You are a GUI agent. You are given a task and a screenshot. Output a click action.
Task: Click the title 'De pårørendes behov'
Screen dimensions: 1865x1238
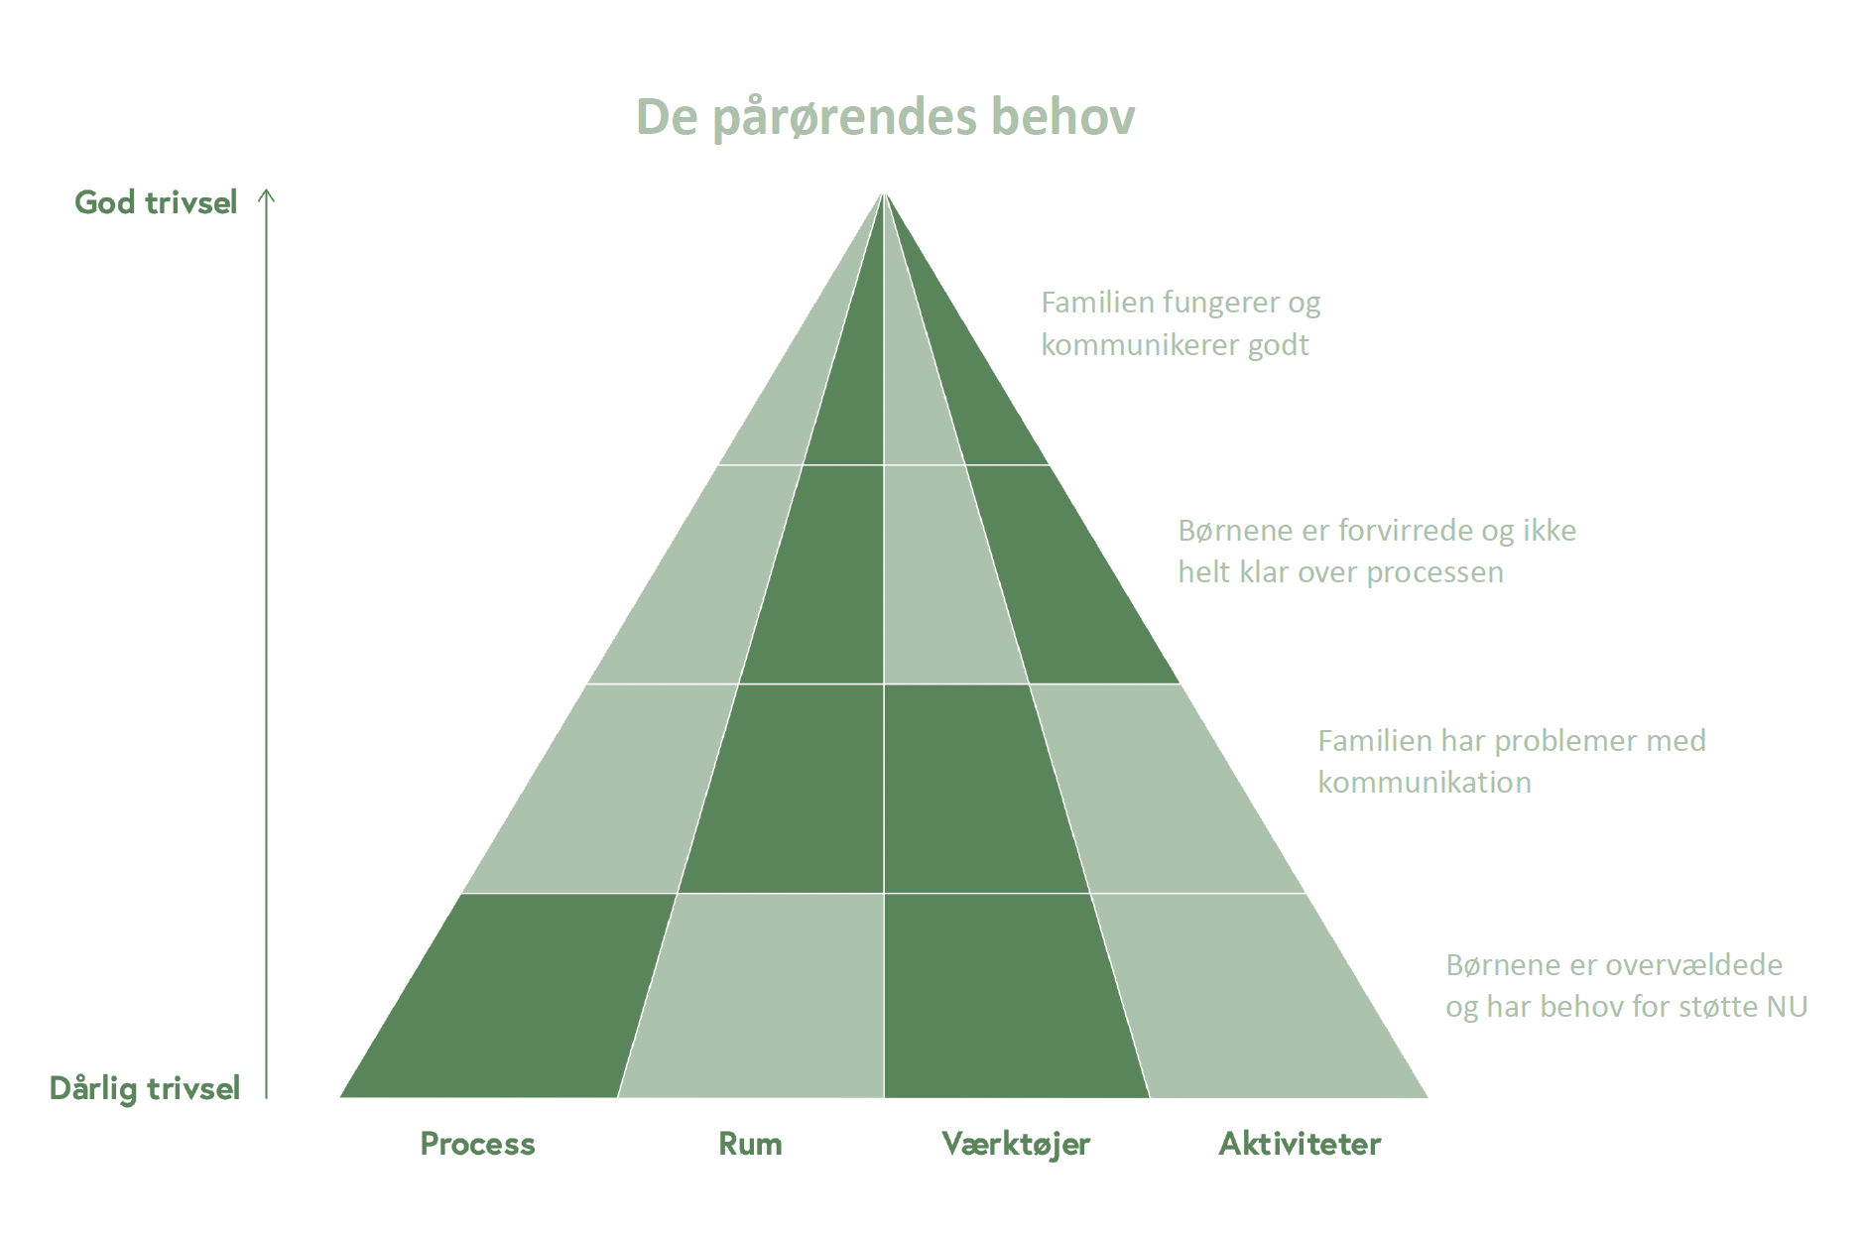[885, 117]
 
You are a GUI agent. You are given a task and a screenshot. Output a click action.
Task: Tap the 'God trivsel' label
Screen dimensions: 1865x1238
[156, 202]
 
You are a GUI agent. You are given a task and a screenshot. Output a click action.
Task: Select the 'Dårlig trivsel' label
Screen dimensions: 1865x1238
[145, 1088]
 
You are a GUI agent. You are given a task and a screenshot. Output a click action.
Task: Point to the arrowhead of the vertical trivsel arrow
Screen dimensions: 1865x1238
[266, 194]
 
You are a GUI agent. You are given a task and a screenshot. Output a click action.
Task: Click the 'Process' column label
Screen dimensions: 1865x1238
[477, 1144]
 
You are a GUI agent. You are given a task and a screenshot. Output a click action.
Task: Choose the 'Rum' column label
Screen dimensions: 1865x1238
[750, 1144]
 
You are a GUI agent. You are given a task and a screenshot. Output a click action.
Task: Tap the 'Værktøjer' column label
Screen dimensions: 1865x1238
[1016, 1144]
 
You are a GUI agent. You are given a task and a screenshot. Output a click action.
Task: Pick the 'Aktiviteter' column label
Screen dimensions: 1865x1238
[1300, 1144]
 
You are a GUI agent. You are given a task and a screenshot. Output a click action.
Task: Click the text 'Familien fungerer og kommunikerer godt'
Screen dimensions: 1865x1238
[1181, 323]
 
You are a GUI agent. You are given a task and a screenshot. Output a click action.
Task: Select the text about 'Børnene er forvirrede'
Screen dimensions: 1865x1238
[1377, 551]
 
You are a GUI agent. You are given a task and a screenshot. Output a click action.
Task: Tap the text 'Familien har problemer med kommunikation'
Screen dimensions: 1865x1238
[1511, 761]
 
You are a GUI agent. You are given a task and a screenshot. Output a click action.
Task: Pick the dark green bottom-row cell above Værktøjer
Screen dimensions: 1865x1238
[1007, 995]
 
